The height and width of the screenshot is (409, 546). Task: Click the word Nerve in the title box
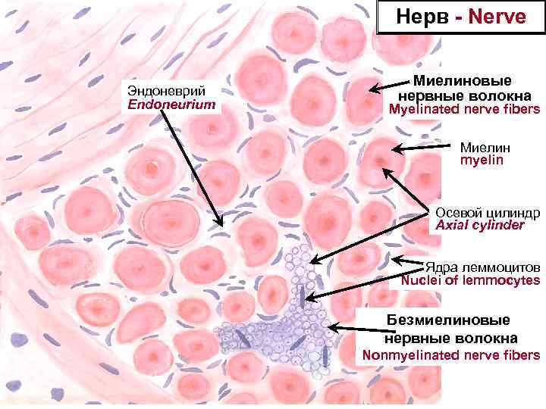click(x=497, y=17)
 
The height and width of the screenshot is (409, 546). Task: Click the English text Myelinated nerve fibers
click(x=464, y=110)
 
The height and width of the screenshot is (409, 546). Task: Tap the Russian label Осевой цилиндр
click(x=488, y=211)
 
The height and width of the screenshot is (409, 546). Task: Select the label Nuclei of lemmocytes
click(x=470, y=281)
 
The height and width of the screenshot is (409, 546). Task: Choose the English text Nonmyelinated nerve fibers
click(x=451, y=354)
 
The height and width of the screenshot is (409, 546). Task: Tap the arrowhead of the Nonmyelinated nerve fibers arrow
click(x=328, y=327)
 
